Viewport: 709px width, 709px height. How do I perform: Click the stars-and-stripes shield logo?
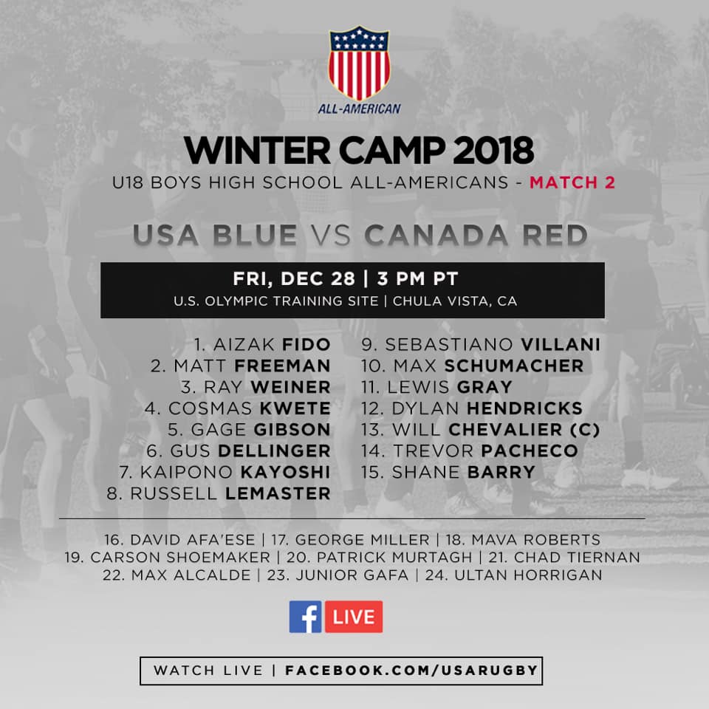click(x=359, y=63)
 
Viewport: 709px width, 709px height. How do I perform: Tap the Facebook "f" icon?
click(x=305, y=616)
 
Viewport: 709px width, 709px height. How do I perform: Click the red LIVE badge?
click(x=354, y=616)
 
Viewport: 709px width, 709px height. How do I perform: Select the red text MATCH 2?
click(x=572, y=182)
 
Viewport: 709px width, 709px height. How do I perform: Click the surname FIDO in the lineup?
click(x=306, y=345)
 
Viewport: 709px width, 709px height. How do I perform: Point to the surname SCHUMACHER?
click(x=514, y=366)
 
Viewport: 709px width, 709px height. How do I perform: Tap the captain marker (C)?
click(x=585, y=430)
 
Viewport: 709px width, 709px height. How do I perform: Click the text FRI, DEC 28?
click(x=294, y=278)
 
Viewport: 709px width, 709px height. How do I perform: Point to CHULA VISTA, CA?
click(x=455, y=301)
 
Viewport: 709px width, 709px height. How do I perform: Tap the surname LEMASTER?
click(x=278, y=493)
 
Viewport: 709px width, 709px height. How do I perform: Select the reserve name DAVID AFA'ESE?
click(x=193, y=540)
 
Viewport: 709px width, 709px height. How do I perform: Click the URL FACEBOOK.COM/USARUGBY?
click(x=411, y=670)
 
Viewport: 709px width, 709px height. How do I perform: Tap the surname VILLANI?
click(x=561, y=345)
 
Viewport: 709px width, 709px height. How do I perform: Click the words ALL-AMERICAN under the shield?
click(x=359, y=109)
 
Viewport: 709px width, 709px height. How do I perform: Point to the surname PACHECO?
click(x=530, y=451)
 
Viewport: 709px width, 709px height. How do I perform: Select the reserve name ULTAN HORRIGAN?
click(x=528, y=575)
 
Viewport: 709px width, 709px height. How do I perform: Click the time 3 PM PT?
click(x=418, y=278)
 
